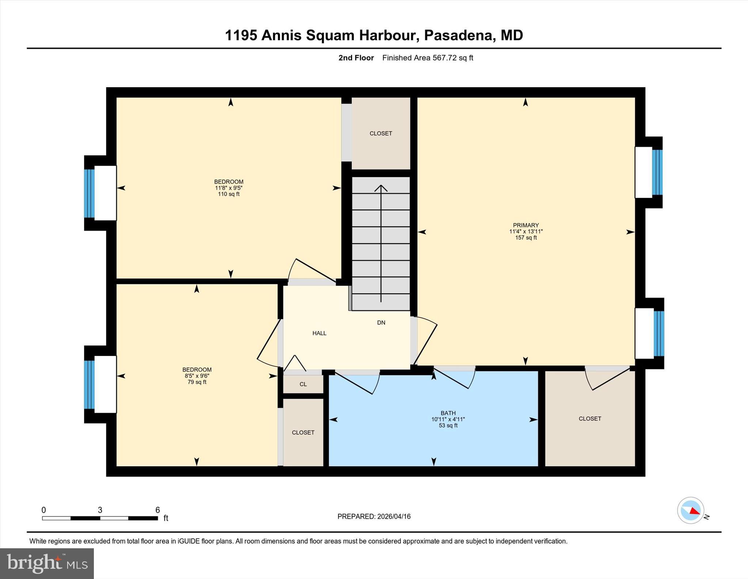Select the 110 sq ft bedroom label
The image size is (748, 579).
point(229,188)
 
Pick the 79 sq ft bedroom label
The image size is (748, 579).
point(197,376)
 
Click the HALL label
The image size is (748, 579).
point(319,333)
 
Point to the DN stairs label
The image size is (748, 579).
point(381,323)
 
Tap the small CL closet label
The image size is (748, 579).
point(303,384)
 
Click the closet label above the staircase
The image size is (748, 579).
point(381,134)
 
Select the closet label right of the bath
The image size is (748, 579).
point(589,419)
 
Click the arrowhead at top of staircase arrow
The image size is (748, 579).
point(381,188)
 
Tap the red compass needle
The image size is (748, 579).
point(695,511)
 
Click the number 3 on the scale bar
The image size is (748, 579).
point(100,510)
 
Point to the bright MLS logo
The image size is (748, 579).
point(47,563)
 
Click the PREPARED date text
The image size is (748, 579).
point(374,516)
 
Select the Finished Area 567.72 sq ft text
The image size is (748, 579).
point(427,58)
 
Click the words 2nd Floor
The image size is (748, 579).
point(356,58)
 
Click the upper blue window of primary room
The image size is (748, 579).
point(657,172)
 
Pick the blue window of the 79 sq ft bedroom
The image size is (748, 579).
point(89,384)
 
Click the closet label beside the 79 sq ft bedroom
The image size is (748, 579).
point(303,433)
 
